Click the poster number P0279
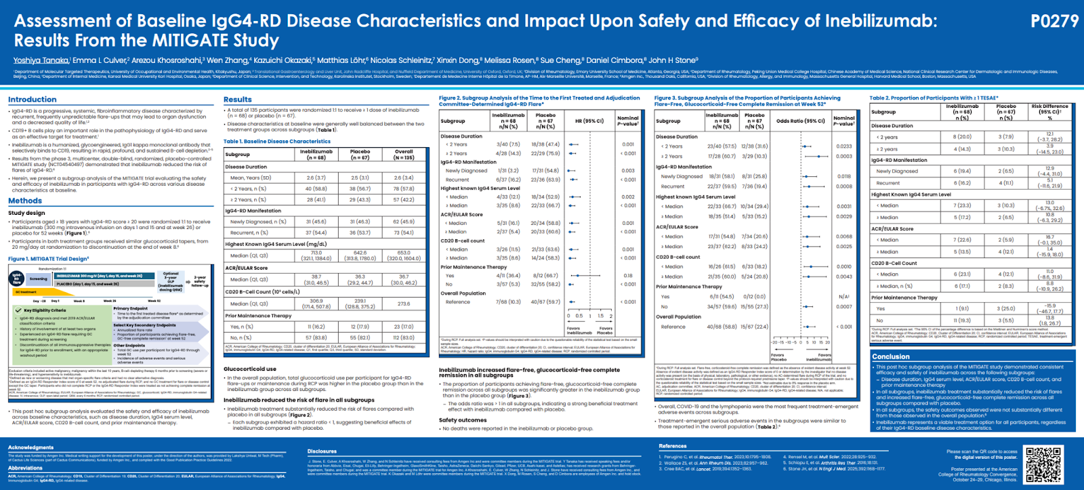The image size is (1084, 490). click(x=1054, y=22)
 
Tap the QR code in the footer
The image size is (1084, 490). click(x=1044, y=464)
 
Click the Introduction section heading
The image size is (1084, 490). click(x=33, y=100)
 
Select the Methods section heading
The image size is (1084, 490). click(x=25, y=201)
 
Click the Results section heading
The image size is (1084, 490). click(x=237, y=100)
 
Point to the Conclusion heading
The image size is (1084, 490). click(x=891, y=356)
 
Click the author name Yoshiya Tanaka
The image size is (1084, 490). click(x=41, y=60)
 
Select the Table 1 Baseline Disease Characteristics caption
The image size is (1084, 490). click(x=267, y=142)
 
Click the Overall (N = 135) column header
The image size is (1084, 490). click(x=404, y=155)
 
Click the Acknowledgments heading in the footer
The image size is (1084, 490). click(x=30, y=447)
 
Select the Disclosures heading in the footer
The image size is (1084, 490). click(x=322, y=451)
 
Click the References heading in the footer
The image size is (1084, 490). click(x=672, y=446)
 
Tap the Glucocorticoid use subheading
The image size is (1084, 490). click(x=250, y=369)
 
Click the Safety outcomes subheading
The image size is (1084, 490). click(x=463, y=420)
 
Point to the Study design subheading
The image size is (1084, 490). click(x=26, y=213)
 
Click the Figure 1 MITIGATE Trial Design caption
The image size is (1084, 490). click(x=48, y=259)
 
